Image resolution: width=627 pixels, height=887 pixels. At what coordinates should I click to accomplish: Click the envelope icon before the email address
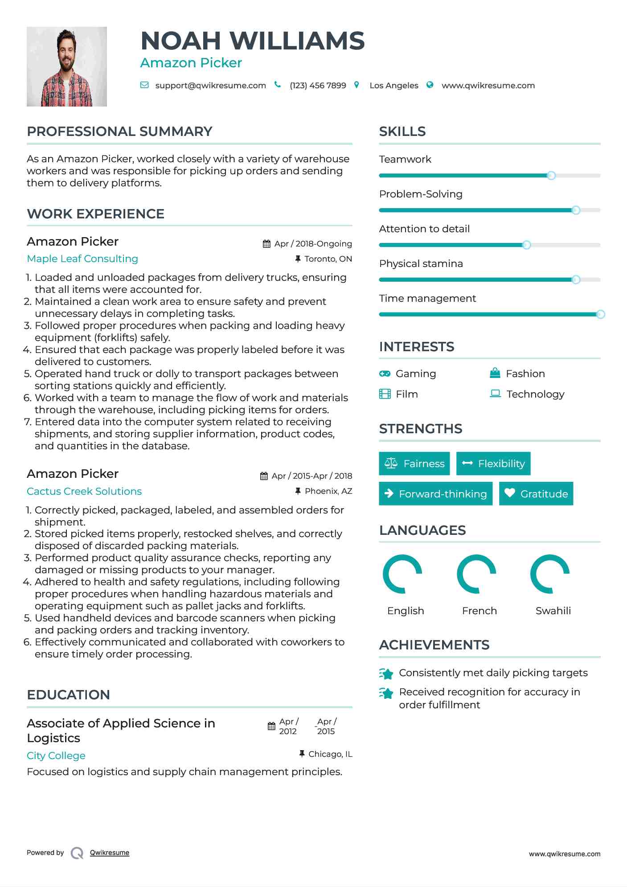click(x=144, y=85)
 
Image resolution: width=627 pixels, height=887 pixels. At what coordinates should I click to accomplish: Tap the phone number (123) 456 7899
click(x=318, y=86)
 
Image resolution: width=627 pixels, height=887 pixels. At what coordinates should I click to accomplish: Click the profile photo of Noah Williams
click(x=67, y=67)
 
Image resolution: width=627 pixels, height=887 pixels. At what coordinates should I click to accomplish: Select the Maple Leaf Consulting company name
click(x=82, y=259)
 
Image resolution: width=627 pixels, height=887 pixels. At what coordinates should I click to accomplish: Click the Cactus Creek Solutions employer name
click(x=84, y=491)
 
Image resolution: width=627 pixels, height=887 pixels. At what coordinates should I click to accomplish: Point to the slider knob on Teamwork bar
click(x=551, y=176)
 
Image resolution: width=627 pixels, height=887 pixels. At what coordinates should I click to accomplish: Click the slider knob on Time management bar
click(x=600, y=314)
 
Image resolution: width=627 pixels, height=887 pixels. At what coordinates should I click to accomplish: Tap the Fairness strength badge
click(x=414, y=464)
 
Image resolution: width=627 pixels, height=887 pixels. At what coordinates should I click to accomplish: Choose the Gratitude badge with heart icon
click(x=536, y=494)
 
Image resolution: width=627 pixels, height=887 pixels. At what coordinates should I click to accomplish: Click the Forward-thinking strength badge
click(x=435, y=494)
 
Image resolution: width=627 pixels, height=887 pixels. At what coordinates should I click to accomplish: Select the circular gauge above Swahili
click(x=550, y=574)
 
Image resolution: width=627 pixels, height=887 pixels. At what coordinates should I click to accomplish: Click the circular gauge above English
click(x=402, y=574)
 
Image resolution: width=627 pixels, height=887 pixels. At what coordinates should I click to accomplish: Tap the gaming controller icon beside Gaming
click(x=385, y=374)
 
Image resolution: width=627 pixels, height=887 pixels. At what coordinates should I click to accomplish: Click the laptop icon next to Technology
click(x=495, y=394)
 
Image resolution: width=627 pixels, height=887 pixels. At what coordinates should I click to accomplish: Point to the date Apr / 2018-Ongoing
click(x=313, y=244)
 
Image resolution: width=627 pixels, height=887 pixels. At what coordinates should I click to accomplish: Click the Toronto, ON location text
click(x=328, y=259)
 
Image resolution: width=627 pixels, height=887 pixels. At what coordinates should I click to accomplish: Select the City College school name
click(x=56, y=756)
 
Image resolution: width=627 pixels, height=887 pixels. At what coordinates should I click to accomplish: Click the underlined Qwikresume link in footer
click(x=110, y=853)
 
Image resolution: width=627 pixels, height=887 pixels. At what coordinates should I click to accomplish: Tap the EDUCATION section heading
click(x=68, y=695)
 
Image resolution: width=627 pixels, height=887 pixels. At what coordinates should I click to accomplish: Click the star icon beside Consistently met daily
click(x=386, y=673)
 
